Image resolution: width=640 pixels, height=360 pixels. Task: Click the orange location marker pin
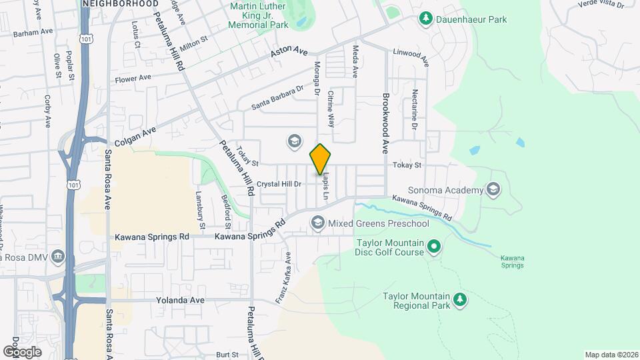[x=321, y=159]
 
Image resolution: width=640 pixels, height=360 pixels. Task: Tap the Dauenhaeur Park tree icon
[x=424, y=19]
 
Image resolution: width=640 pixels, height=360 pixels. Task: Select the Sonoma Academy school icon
[x=493, y=190]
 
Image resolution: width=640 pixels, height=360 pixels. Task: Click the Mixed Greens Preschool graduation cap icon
[x=317, y=223]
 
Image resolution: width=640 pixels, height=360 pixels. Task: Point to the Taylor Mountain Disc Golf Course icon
[x=434, y=248]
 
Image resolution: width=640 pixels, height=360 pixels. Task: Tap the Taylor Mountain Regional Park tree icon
[x=459, y=301]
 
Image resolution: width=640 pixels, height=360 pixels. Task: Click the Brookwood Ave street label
[x=385, y=123]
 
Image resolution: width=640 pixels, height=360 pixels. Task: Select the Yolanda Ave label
[x=180, y=301]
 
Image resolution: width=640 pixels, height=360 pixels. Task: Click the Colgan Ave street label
[x=135, y=136]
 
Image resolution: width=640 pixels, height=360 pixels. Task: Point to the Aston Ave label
[x=289, y=52]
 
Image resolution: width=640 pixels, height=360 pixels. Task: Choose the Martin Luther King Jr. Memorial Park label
[x=258, y=15]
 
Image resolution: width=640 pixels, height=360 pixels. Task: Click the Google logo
[x=22, y=351]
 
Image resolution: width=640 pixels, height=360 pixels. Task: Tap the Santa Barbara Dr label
[x=277, y=97]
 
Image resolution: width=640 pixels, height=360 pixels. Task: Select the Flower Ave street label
[x=133, y=79]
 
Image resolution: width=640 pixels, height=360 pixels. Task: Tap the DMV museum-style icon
[x=58, y=257]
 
